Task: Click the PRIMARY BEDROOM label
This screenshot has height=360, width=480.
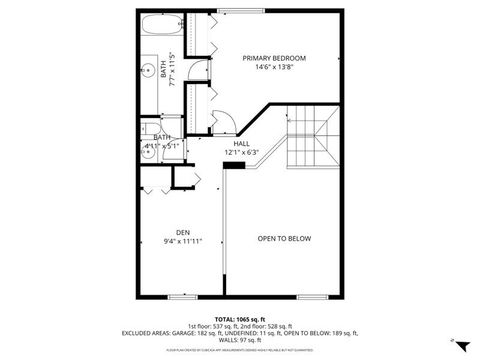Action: click(x=273, y=58)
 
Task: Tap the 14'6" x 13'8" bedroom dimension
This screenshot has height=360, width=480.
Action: click(x=273, y=68)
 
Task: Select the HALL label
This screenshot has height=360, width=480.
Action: click(x=241, y=143)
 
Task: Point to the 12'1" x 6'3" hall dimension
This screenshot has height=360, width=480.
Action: click(x=241, y=153)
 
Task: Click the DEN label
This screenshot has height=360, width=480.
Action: click(x=183, y=231)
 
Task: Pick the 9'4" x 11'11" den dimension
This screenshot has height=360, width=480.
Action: click(x=183, y=241)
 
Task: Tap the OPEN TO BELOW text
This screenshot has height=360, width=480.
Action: click(x=285, y=238)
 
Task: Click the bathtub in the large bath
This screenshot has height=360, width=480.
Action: click(x=160, y=25)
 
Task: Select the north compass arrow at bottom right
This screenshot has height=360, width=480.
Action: click(x=452, y=340)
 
